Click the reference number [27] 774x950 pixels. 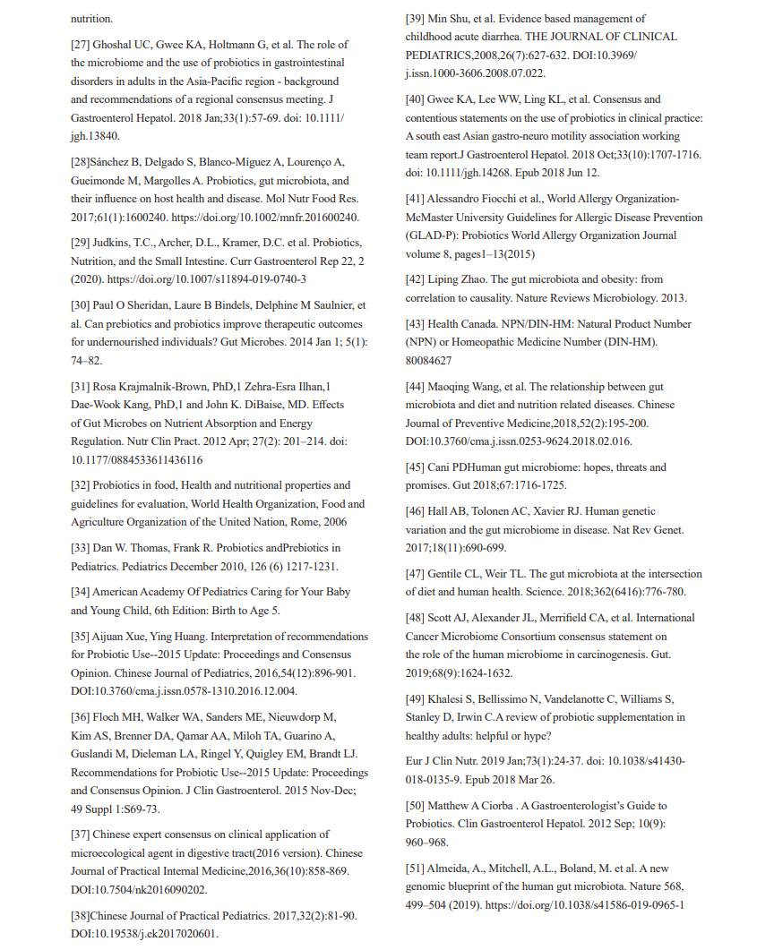(82, 44)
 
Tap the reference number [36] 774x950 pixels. (82, 717)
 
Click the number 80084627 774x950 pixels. (428, 361)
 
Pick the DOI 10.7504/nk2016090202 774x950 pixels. (140, 889)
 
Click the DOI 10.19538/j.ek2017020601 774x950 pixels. (144, 934)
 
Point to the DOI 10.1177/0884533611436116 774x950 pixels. (136, 459)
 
